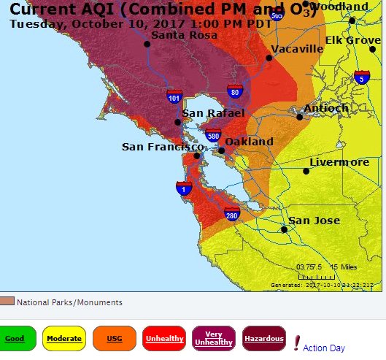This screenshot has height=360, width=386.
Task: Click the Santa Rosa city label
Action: (x=180, y=34)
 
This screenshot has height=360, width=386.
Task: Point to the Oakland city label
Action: (x=249, y=141)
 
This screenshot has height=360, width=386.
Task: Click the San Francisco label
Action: (x=162, y=147)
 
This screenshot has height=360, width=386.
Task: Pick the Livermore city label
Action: (x=339, y=161)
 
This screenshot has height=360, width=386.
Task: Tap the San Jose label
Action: (x=315, y=220)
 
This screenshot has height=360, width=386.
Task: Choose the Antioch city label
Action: (x=325, y=107)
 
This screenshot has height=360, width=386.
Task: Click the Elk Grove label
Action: (x=353, y=40)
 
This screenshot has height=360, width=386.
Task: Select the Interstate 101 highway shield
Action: (x=174, y=96)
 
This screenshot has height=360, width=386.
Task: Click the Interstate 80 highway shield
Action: (x=233, y=91)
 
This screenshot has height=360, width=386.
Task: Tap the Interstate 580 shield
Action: (x=213, y=135)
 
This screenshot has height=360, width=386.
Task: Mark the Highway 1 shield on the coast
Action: (x=184, y=189)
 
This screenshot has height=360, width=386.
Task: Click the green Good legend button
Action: (x=15, y=339)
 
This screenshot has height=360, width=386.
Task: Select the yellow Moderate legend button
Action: (x=63, y=339)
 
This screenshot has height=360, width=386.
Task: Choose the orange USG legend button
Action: (x=114, y=339)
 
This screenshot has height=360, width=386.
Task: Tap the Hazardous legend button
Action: (x=264, y=339)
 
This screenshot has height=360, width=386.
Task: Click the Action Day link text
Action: (x=323, y=348)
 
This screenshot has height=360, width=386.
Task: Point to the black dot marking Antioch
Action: (x=299, y=116)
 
